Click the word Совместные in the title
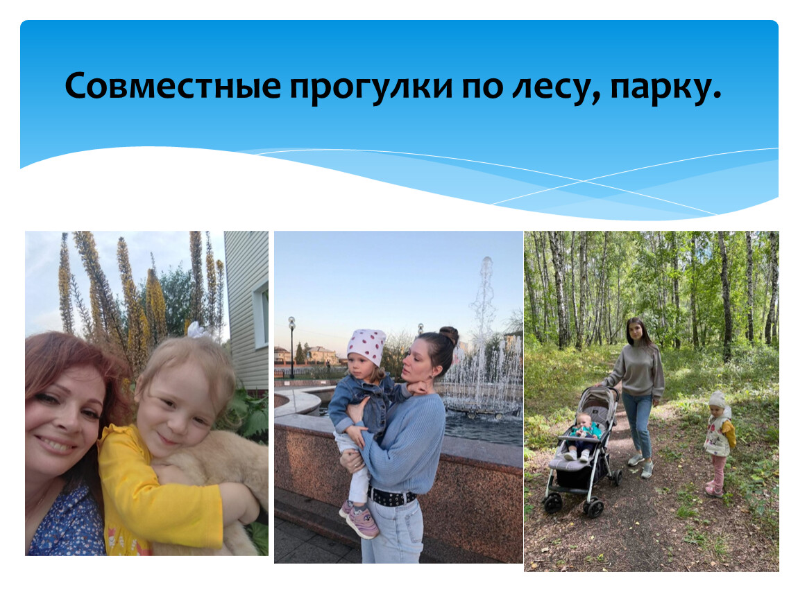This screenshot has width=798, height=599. [x=173, y=86]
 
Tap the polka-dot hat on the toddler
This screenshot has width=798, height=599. [x=366, y=346]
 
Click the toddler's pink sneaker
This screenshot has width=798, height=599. [x=362, y=522]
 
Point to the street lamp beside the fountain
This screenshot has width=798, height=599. [x=291, y=347]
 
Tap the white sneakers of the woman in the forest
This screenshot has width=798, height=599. [x=640, y=466]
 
